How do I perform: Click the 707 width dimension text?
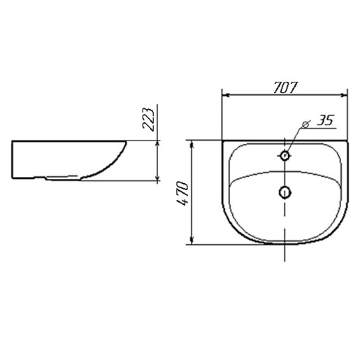point(285,87)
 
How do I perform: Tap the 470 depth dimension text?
point(182,193)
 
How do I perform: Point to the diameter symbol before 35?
point(305,124)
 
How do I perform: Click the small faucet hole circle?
point(285,155)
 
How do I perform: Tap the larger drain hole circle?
point(285,192)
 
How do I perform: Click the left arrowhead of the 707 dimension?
point(226,95)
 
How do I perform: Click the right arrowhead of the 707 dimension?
point(344,95)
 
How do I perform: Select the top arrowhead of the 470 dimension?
point(192,145)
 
